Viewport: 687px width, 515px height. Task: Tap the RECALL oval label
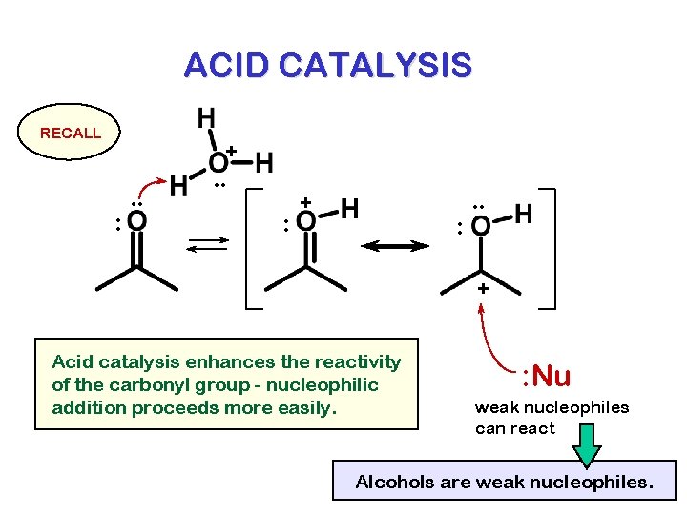point(70,133)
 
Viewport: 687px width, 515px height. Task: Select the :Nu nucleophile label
point(546,376)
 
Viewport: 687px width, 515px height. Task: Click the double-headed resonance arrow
point(394,246)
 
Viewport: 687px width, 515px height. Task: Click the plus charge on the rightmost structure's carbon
point(483,288)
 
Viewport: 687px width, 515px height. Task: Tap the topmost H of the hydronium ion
point(205,119)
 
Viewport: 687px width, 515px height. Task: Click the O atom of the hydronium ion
point(219,162)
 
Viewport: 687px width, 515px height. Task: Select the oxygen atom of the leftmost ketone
point(136,221)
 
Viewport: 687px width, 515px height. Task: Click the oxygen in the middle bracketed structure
point(305,221)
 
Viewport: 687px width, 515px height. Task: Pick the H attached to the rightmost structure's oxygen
point(524,214)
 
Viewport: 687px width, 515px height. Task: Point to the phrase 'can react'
point(514,428)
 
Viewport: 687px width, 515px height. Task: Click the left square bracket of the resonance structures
point(251,248)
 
